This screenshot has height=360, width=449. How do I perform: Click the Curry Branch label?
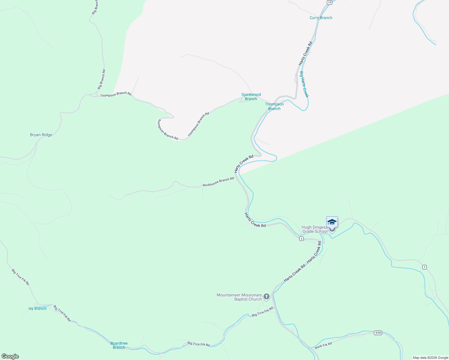(321, 18)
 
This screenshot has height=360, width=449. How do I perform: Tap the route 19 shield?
(329, 2)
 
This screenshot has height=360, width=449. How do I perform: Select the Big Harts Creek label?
(304, 84)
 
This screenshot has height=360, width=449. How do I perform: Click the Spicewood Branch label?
(251, 97)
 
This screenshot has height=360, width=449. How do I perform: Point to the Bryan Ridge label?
(41, 135)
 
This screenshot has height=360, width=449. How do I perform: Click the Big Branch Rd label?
(101, 79)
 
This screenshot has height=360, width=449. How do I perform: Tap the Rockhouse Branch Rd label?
(218, 182)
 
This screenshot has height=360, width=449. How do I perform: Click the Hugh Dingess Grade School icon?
(332, 222)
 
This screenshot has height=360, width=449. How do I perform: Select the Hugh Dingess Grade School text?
(315, 229)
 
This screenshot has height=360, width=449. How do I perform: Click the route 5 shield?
(301, 238)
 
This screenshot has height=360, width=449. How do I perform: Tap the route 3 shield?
(424, 267)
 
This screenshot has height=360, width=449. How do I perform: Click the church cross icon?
(266, 297)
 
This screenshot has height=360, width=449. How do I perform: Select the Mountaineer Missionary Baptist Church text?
(239, 297)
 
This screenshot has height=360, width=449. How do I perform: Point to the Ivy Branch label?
(38, 308)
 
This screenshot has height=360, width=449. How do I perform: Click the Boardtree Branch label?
(119, 345)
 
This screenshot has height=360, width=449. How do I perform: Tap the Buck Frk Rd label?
(323, 346)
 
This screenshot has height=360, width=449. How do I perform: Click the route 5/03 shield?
(378, 333)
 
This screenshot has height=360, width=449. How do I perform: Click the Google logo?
(10, 356)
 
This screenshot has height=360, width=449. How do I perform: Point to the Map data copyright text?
(430, 358)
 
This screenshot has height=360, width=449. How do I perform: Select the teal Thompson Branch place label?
(274, 106)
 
